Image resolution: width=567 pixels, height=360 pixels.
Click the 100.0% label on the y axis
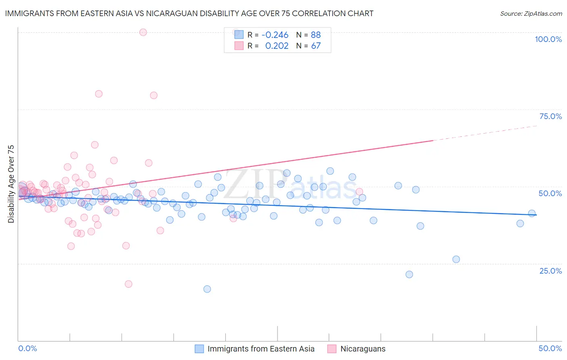548,39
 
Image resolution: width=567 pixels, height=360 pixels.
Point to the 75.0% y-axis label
550,116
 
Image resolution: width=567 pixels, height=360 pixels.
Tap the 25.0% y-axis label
550,271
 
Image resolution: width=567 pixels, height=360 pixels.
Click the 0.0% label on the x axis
27,348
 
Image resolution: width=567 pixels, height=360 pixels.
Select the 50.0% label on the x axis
550,348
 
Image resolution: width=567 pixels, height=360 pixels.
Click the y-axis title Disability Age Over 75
11,184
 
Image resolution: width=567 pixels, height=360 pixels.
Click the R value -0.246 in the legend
275,35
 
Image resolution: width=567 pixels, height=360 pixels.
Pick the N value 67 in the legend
316,46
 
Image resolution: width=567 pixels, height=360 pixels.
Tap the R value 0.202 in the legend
277,46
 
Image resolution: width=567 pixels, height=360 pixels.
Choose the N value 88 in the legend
316,35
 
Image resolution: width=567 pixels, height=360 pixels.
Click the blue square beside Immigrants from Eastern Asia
199,349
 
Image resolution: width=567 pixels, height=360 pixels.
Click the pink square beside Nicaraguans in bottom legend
332,349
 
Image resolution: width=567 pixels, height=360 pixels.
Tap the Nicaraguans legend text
363,349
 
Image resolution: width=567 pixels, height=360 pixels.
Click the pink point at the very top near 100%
143,32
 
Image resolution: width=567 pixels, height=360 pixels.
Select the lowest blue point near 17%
207,289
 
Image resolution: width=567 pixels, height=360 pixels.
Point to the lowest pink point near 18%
128,284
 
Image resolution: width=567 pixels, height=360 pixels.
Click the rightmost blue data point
532,213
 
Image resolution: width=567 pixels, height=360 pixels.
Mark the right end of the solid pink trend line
433,140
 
